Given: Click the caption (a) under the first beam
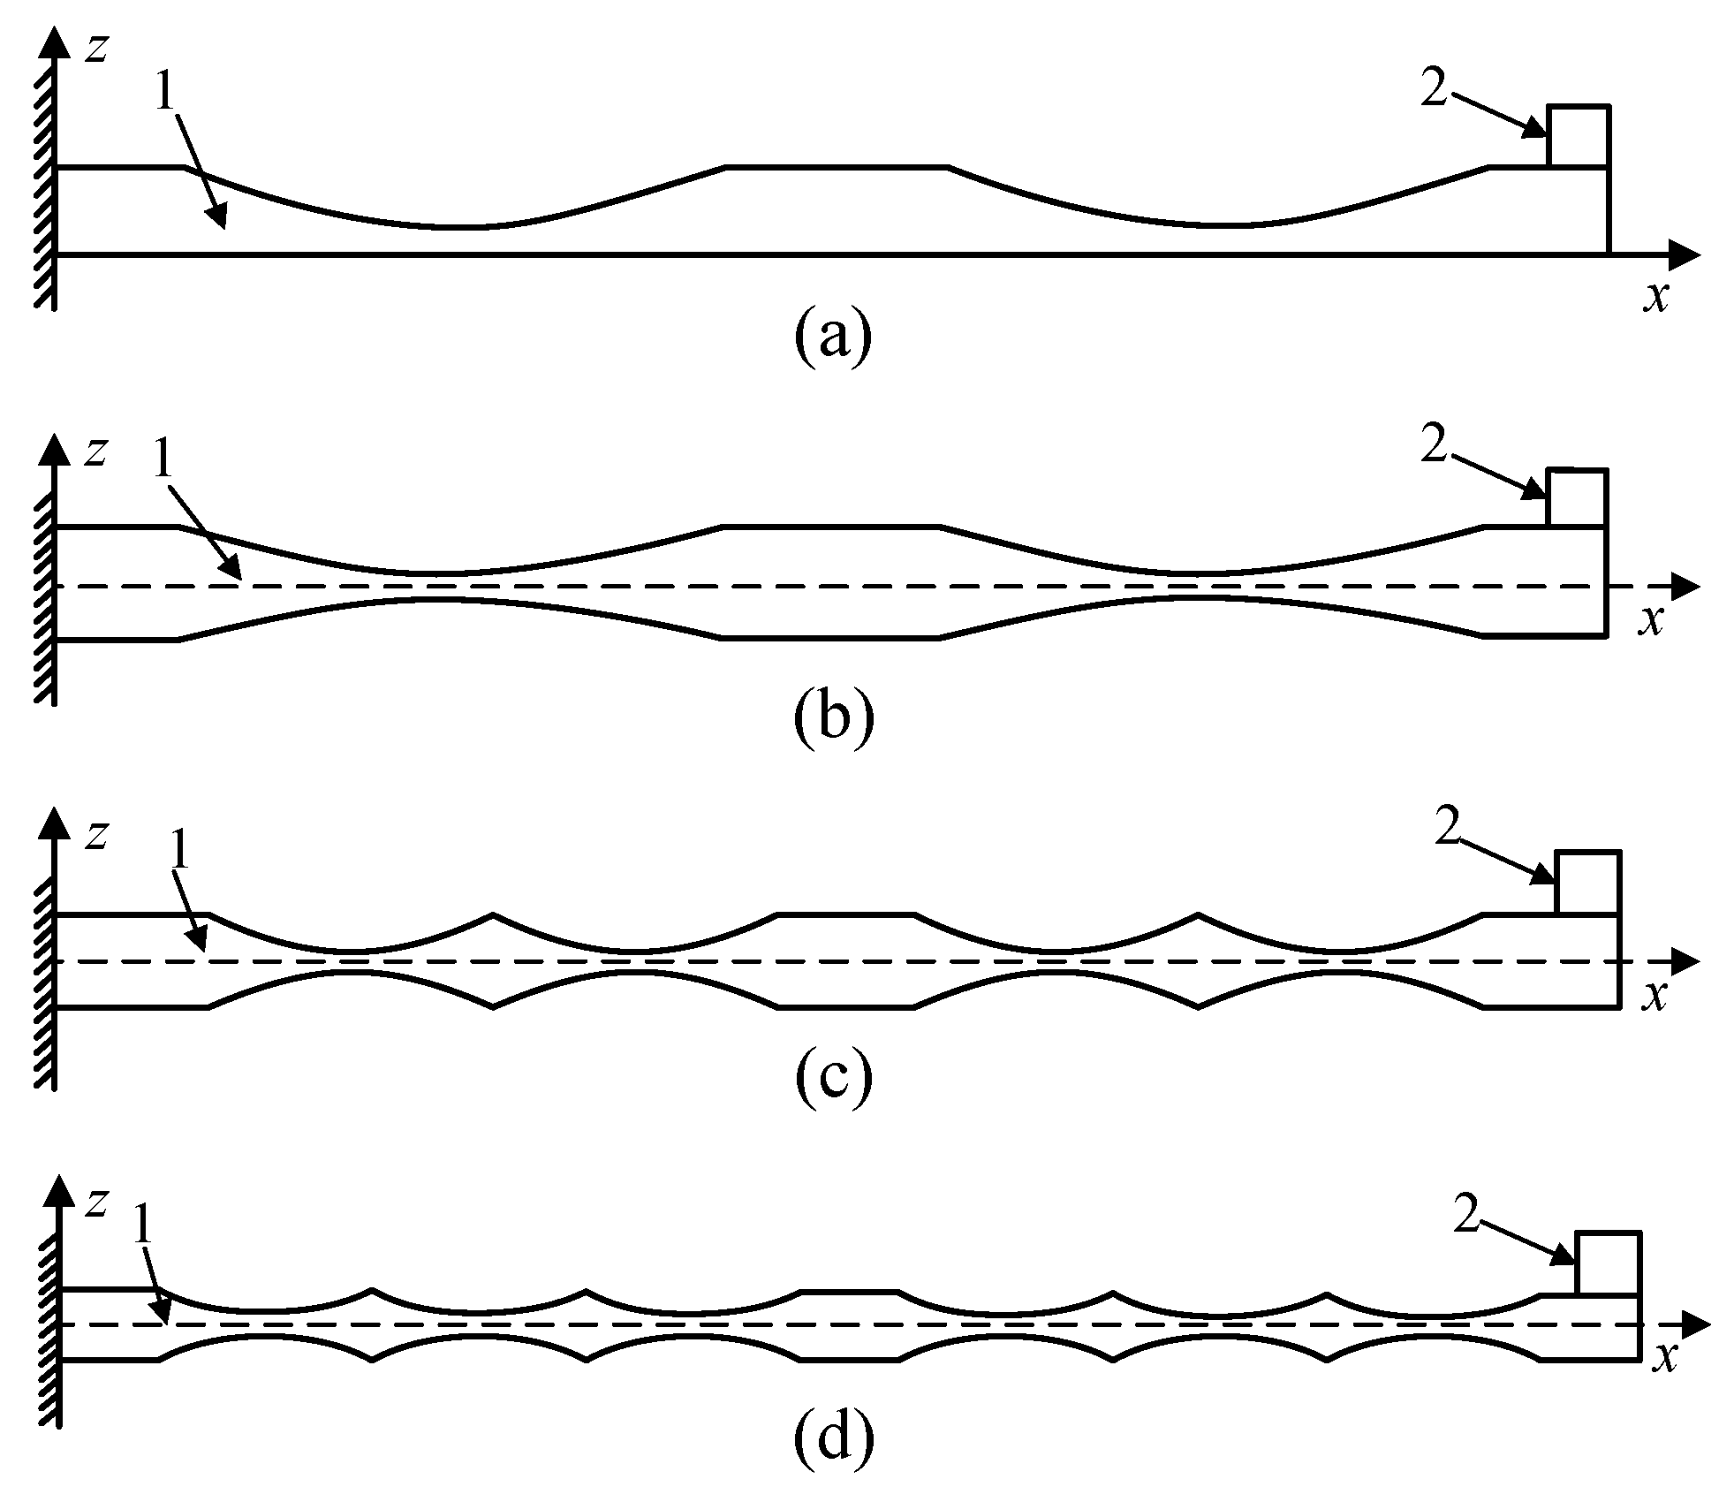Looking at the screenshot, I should (833, 337).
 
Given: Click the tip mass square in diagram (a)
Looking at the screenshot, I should (1579, 135).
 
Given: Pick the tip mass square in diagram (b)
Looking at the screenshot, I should (1577, 498).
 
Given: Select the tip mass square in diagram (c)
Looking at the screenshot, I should (1586, 882).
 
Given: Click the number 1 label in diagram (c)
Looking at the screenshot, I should (180, 850).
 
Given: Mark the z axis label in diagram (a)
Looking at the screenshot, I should (95, 49).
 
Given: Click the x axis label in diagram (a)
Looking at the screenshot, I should (1656, 297).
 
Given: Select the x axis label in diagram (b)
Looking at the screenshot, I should (1650, 621).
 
